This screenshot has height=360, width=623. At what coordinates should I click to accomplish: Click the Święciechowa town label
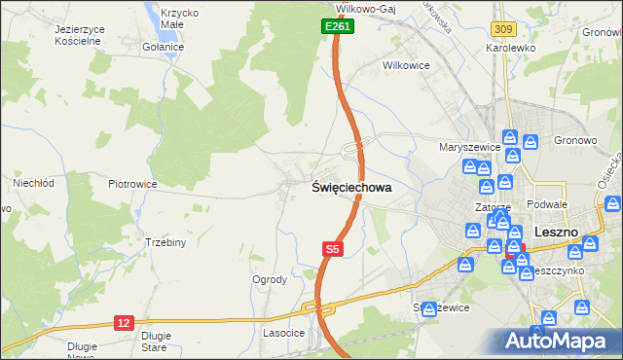click(x=351, y=188)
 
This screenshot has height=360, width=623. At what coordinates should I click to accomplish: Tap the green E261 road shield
click(x=337, y=27)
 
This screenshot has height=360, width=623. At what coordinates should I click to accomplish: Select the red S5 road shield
click(x=332, y=250)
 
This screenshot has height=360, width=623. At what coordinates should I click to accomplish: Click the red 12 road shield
click(x=123, y=322)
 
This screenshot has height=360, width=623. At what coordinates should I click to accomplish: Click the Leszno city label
click(x=557, y=233)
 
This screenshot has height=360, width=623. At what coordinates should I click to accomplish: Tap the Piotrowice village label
click(x=132, y=184)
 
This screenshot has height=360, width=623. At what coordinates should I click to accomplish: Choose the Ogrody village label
click(x=270, y=279)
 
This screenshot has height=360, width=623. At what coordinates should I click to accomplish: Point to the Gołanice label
click(x=163, y=47)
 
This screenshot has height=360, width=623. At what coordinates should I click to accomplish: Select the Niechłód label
click(x=32, y=182)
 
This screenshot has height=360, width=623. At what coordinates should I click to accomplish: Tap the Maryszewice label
click(x=469, y=147)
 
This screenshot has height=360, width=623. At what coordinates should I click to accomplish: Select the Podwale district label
click(x=546, y=204)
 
